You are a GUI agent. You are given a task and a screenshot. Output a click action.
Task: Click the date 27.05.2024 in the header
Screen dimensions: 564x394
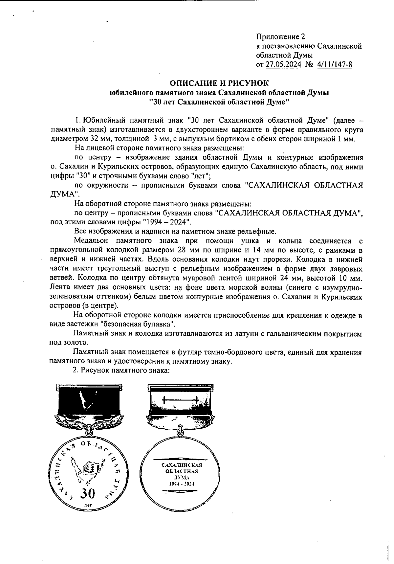(x=283, y=64)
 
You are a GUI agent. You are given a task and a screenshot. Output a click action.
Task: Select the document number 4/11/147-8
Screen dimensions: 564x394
(x=335, y=64)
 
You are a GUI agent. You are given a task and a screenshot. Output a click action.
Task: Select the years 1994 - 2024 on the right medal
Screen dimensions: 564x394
(x=182, y=484)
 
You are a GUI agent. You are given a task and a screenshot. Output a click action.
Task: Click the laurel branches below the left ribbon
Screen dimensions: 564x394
(x=86, y=424)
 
